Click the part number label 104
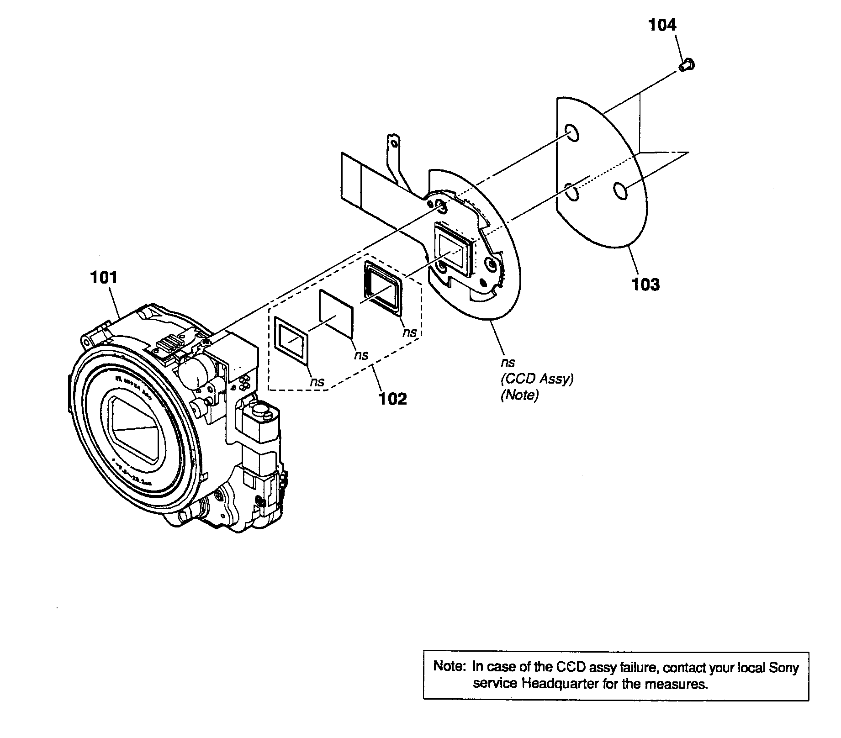[x=662, y=25]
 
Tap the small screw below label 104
[x=686, y=67]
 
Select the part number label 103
[x=645, y=284]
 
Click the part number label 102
[x=393, y=399]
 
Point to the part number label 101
[x=104, y=277]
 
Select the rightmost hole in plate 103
[x=620, y=190]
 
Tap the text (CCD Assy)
[x=537, y=379]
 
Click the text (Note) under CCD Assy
[x=520, y=395]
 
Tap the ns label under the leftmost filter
[x=317, y=382]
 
